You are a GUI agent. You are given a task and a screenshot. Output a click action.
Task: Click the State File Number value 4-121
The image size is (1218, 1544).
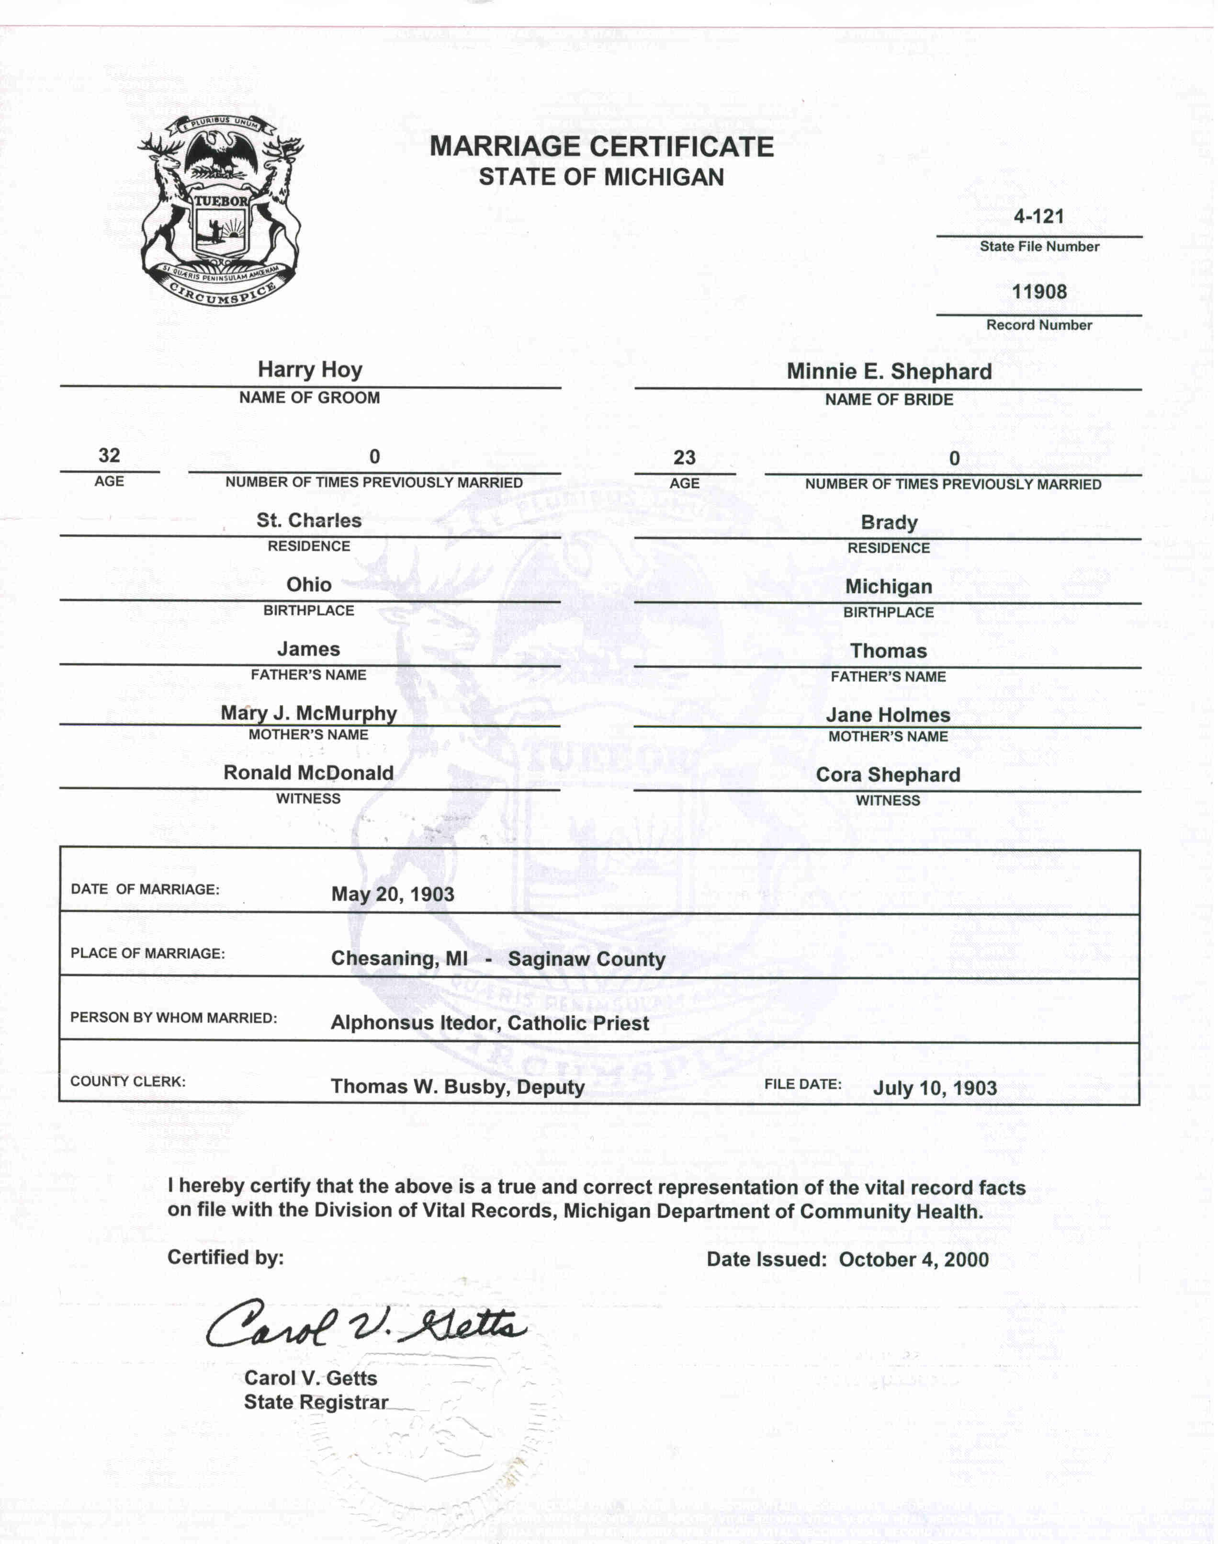[x=1038, y=216]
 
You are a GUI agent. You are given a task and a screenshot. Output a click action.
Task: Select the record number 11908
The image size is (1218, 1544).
[x=1039, y=292]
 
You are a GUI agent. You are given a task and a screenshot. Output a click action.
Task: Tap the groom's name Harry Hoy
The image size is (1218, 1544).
[x=309, y=369]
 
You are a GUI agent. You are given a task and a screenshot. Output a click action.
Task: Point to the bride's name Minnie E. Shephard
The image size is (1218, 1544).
[x=889, y=372]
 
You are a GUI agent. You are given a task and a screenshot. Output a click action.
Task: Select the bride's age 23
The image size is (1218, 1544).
[x=684, y=458]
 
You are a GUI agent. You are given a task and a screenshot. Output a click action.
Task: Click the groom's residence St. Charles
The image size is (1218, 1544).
[x=309, y=521]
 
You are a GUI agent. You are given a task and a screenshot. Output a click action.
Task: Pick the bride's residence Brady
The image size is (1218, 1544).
[x=889, y=523]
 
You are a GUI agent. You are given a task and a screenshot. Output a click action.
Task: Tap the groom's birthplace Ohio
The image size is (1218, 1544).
[x=309, y=585]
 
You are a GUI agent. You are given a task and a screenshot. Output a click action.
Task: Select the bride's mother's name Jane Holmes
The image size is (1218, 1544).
[x=888, y=715]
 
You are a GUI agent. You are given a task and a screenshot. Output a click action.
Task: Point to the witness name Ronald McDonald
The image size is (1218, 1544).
[x=309, y=773]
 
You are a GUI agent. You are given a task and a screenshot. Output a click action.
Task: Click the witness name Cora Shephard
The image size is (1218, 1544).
[x=888, y=775]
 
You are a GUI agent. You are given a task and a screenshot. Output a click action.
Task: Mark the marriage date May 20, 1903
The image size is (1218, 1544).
[x=392, y=894]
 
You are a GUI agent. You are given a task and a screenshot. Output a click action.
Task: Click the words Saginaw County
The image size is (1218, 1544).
[x=586, y=959]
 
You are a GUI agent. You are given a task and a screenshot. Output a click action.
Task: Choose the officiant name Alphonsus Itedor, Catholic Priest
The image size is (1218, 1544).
[x=489, y=1023]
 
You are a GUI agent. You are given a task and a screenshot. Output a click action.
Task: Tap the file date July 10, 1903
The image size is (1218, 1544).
[x=934, y=1088]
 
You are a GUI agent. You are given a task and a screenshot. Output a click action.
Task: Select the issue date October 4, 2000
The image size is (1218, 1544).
[x=913, y=1260]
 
